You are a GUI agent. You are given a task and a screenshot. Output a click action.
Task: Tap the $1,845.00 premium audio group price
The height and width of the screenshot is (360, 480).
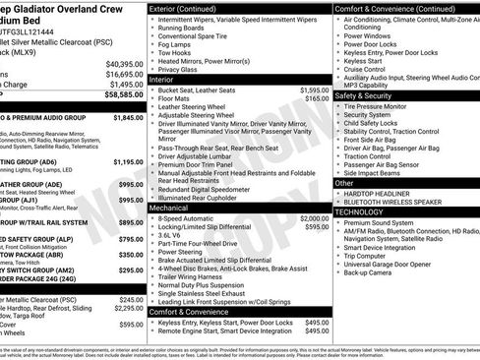128,117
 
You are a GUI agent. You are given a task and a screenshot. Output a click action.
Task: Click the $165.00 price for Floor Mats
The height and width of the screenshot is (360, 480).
316,98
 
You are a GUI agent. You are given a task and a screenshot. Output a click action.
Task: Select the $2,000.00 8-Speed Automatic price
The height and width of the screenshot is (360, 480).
314,218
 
